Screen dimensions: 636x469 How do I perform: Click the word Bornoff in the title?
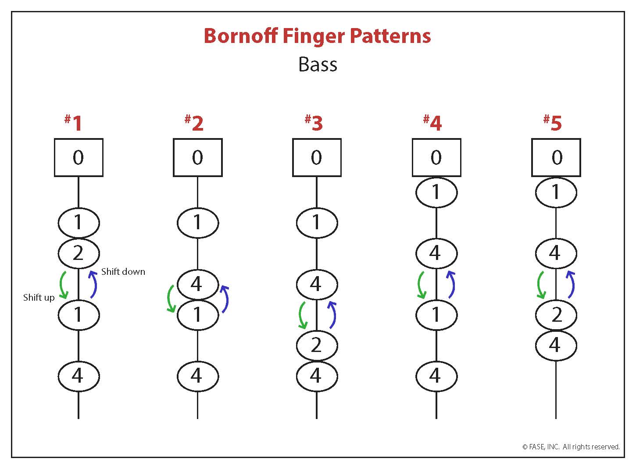click(x=241, y=36)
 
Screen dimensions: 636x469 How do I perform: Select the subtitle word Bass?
click(x=318, y=64)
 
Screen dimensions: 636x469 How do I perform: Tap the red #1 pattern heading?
click(x=73, y=123)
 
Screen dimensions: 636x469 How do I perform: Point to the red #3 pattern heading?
click(x=314, y=123)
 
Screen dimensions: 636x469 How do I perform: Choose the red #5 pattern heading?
click(x=552, y=123)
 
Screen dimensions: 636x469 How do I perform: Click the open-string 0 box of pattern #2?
click(x=197, y=157)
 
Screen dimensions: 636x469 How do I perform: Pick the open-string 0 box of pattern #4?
click(x=436, y=157)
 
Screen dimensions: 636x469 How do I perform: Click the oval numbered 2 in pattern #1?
click(x=79, y=253)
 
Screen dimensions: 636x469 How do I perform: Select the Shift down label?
click(x=123, y=271)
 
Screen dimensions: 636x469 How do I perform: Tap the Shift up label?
click(x=39, y=298)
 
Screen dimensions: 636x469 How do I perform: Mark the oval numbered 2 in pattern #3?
click(x=317, y=345)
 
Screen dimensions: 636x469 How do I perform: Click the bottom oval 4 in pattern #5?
click(x=556, y=345)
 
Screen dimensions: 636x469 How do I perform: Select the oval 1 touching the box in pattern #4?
click(x=436, y=192)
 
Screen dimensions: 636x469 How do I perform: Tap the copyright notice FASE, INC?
click(x=543, y=447)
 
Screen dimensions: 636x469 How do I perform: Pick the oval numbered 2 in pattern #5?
click(x=556, y=315)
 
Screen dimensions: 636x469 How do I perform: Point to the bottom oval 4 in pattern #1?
click(x=79, y=376)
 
